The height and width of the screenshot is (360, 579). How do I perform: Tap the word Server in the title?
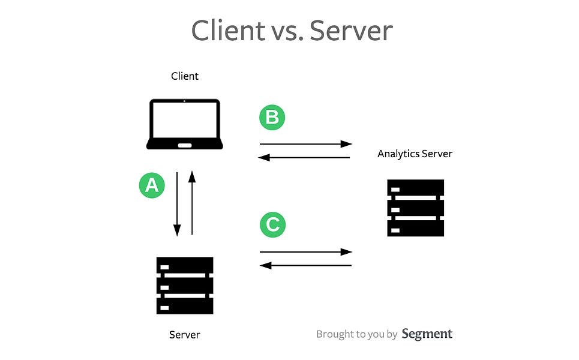pyautogui.click(x=351, y=30)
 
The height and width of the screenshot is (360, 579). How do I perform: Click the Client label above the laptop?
pyautogui.click(x=185, y=76)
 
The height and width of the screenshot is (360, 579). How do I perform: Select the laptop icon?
pyautogui.click(x=185, y=124)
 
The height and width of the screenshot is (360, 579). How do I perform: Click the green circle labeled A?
pyautogui.click(x=152, y=185)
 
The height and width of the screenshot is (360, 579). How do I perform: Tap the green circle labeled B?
pyautogui.click(x=272, y=118)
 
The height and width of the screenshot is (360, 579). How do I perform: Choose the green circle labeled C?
pyautogui.click(x=272, y=225)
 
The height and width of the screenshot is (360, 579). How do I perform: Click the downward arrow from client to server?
pyautogui.click(x=177, y=204)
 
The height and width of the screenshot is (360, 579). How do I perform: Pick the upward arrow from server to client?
pyautogui.click(x=192, y=202)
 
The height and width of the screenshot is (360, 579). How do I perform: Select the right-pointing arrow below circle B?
pyautogui.click(x=305, y=144)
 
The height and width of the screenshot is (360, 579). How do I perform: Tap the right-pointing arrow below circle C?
pyautogui.click(x=305, y=252)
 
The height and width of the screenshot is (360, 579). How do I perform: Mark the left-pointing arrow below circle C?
pyautogui.click(x=305, y=265)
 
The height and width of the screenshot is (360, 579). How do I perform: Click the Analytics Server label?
pyautogui.click(x=415, y=154)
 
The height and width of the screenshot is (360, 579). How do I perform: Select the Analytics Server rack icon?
pyautogui.click(x=415, y=208)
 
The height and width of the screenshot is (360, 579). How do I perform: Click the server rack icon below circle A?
pyautogui.click(x=185, y=286)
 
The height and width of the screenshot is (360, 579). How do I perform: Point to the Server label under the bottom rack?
pyautogui.click(x=184, y=334)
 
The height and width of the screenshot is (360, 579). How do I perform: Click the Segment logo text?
pyautogui.click(x=427, y=334)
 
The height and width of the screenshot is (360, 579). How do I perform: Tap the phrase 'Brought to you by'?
pyautogui.click(x=356, y=334)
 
